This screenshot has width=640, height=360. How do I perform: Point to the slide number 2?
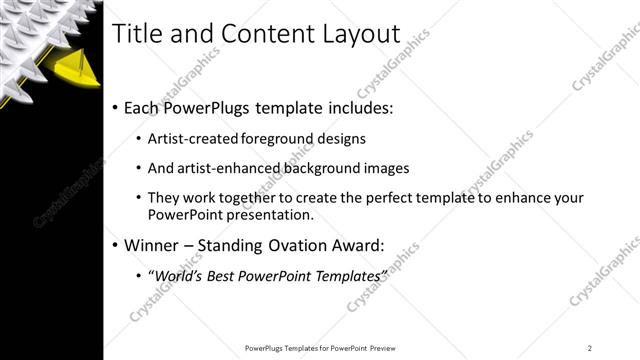(590, 348)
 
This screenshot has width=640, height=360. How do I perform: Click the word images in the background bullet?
(384, 168)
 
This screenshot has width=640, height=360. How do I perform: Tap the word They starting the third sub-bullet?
(163, 197)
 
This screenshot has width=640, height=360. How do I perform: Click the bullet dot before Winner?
(115, 245)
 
